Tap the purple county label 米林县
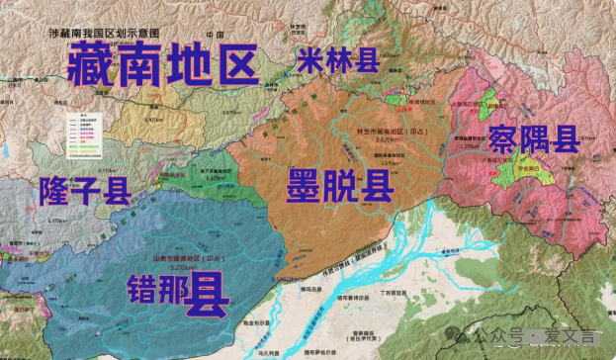point(337,59)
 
